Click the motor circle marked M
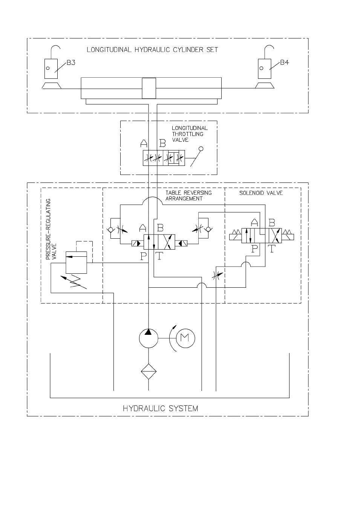(185, 338)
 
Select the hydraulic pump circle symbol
(149, 338)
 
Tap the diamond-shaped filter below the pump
(149, 371)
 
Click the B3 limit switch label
(70, 63)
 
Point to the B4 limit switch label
(284, 63)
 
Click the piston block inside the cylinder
(149, 88)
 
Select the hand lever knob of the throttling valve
(201, 149)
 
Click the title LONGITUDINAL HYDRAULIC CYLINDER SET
(152, 50)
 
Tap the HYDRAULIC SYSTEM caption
(160, 409)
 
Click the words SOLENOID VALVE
(261, 193)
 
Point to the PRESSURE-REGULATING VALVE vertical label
(51, 229)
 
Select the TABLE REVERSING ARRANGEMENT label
(188, 196)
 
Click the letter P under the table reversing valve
(144, 256)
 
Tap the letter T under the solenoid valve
(272, 249)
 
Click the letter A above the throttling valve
(144, 143)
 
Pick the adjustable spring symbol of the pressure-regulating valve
(74, 282)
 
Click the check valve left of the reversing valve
(110, 230)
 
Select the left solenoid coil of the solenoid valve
(235, 235)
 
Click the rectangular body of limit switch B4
(264, 69)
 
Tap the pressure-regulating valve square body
(76, 262)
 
